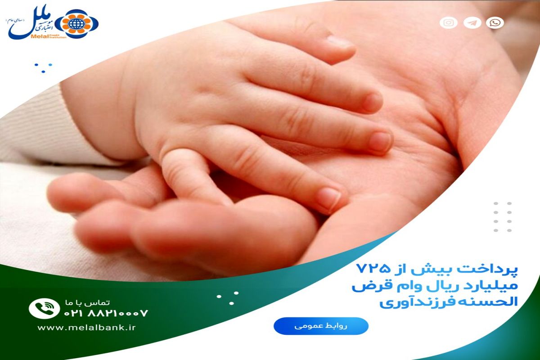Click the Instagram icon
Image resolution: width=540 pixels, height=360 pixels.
pyautogui.click(x=449, y=22)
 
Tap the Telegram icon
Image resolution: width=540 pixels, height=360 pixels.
pyautogui.click(x=472, y=22)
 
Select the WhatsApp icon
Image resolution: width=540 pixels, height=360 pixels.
pyautogui.click(x=495, y=22)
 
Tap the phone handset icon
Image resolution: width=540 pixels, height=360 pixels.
pyautogui.click(x=44, y=309)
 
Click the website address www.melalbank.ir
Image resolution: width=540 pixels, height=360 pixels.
pyautogui.click(x=86, y=328)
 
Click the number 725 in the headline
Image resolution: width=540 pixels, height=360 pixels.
pyautogui.click(x=371, y=270)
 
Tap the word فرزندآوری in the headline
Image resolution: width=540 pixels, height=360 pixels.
pyautogui.click(x=405, y=302)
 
